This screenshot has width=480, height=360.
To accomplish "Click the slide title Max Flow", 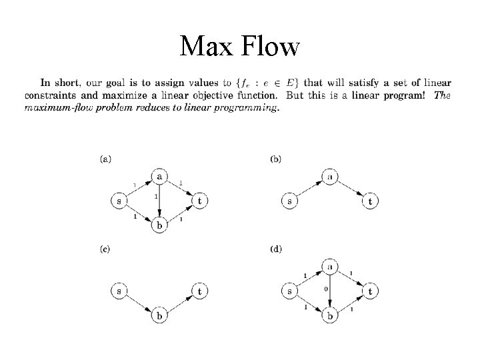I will point(240,46).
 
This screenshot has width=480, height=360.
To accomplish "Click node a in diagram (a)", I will point(159,176).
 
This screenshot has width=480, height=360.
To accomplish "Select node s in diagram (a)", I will point(117,200).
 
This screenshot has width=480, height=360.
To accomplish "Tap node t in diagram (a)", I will point(200,200).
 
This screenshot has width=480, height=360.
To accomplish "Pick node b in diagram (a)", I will point(159,225).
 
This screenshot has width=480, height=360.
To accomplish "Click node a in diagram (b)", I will point(330,176).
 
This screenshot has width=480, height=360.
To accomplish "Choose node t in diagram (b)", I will point(371,200).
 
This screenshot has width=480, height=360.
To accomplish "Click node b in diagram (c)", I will point(159,315).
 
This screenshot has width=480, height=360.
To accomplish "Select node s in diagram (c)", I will point(118,291).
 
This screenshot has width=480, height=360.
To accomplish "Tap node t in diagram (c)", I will point(200,291).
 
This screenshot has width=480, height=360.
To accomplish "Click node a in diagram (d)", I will point(330,267).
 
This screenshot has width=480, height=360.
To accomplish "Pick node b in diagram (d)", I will point(330,315).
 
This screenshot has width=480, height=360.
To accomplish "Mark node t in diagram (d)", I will point(371,291).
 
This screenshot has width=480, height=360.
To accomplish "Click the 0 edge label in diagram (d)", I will point(326,289).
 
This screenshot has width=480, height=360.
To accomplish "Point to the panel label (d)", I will point(276,249).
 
